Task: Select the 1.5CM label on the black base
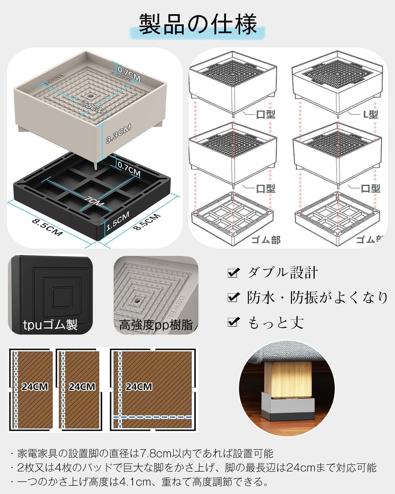[118, 221]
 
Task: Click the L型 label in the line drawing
[370, 115]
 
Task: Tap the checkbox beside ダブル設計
[233, 273]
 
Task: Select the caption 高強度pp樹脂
[156, 325]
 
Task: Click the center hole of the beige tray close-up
[135, 300]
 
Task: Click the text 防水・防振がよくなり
[317, 298]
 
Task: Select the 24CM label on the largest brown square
[139, 386]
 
